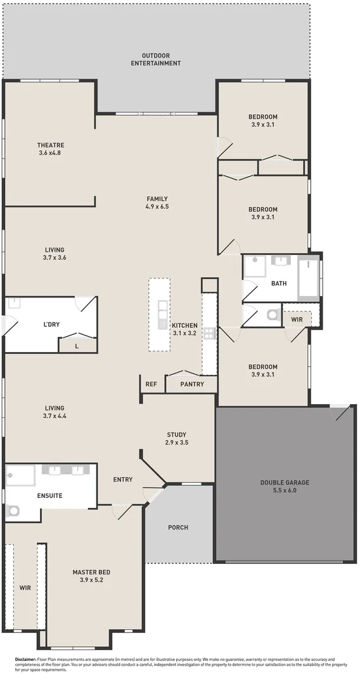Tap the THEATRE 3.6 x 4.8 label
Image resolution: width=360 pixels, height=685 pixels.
tap(51, 149)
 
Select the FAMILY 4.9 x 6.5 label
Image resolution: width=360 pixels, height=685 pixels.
tap(157, 202)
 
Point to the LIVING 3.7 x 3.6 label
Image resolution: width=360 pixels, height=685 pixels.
tap(55, 254)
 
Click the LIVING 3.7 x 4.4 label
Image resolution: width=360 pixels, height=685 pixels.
tap(55, 412)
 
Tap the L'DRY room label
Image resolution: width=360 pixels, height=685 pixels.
tap(51, 325)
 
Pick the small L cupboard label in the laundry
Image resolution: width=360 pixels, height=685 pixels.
tap(77, 346)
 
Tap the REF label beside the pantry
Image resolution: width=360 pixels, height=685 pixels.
tap(151, 384)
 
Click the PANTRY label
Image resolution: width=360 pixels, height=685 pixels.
tap(191, 384)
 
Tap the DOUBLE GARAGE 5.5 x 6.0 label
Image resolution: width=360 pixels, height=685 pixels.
tap(285, 486)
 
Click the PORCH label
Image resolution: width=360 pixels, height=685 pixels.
tap(178, 527)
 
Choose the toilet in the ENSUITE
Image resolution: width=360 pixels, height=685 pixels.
tap(13, 511)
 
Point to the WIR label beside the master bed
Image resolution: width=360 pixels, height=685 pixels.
tap(25, 588)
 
